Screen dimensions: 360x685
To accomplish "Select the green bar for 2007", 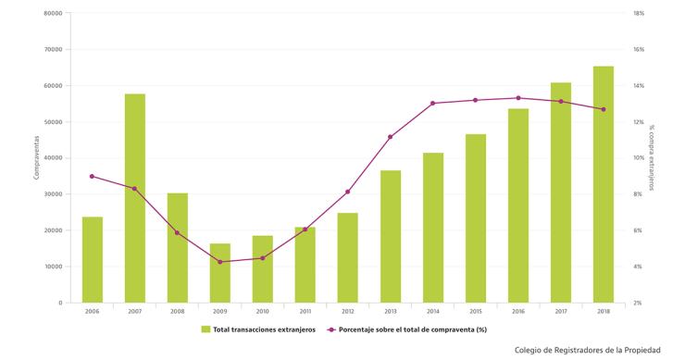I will coord(134,198).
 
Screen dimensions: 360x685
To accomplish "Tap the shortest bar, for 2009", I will coord(219,273).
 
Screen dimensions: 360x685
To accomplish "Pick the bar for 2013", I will coord(390,236).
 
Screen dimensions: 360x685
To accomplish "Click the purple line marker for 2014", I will coord(432,104).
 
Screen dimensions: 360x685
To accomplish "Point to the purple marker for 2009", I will coord(219,262).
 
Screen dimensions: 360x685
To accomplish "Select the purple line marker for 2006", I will coord(92,176).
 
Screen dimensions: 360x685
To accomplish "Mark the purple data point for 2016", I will coord(517,98).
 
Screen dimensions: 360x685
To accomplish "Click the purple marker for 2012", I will coord(347,192).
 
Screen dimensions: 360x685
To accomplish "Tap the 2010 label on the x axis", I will coord(262,312).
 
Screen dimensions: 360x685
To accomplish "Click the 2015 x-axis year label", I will coord(475,312).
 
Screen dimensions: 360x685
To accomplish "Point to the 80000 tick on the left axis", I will coord(53,14).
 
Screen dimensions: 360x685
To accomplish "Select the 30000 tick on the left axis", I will coord(53,194).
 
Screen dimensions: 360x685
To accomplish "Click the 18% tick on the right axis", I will coord(638,14).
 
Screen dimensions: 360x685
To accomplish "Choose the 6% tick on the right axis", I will coord(638,230).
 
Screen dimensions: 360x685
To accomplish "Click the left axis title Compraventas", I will coord(36,158).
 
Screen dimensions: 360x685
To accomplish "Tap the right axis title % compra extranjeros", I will coord(651,158).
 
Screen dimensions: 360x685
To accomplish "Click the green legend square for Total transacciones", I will coord(205,329).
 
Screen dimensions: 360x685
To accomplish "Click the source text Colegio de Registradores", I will coord(588,350).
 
